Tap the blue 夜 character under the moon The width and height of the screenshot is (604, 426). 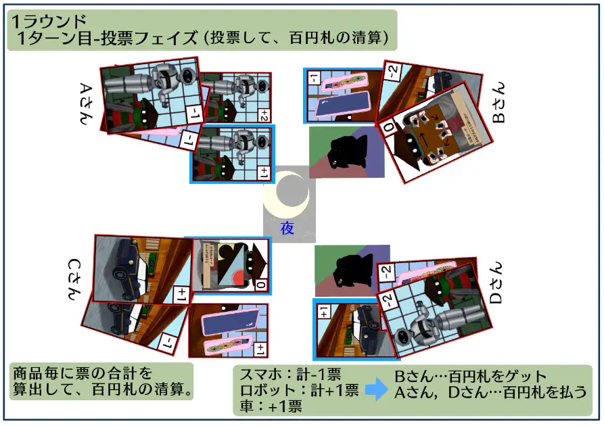point(287,229)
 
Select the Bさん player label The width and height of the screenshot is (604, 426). point(498,108)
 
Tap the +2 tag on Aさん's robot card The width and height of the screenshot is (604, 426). point(263,114)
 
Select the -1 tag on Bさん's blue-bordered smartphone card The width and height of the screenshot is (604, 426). point(315,78)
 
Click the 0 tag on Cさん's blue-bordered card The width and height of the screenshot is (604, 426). point(261,286)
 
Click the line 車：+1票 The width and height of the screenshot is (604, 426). point(270,406)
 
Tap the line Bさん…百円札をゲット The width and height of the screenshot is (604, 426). point(470,377)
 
